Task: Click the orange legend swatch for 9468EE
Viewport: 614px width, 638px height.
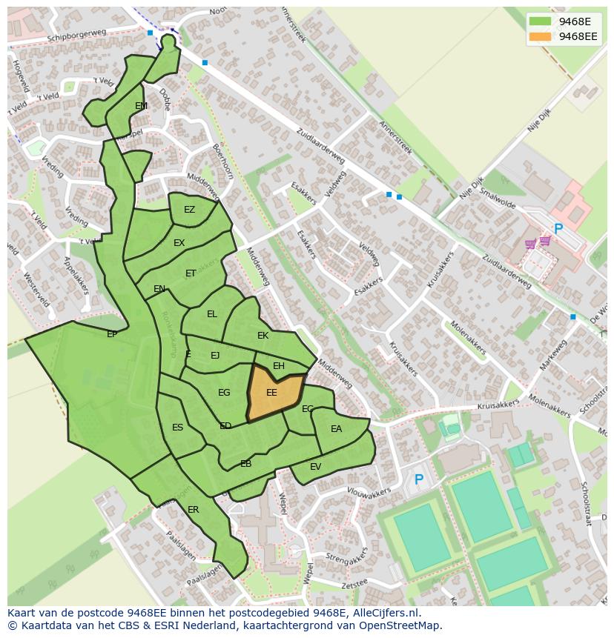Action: [540, 36]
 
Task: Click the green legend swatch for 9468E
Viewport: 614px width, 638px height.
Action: [540, 21]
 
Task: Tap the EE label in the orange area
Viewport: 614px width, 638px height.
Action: [271, 393]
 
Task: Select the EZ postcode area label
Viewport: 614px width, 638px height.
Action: [189, 210]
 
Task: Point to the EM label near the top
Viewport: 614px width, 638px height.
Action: [141, 106]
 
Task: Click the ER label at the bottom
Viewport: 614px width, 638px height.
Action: [193, 510]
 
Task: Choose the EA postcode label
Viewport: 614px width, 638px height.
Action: [336, 429]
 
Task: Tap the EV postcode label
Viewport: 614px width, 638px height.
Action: [315, 466]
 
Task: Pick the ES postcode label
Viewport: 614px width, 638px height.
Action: [177, 428]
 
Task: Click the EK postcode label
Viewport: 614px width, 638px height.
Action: [263, 336]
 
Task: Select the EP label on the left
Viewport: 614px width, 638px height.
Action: [112, 334]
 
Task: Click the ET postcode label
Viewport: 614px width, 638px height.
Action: [191, 273]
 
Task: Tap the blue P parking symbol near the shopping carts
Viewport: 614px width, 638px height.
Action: [558, 230]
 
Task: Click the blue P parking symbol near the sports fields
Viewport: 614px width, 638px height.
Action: [418, 480]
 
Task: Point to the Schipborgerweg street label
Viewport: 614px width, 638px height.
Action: [77, 36]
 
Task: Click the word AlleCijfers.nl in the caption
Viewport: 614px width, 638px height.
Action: [386, 614]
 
